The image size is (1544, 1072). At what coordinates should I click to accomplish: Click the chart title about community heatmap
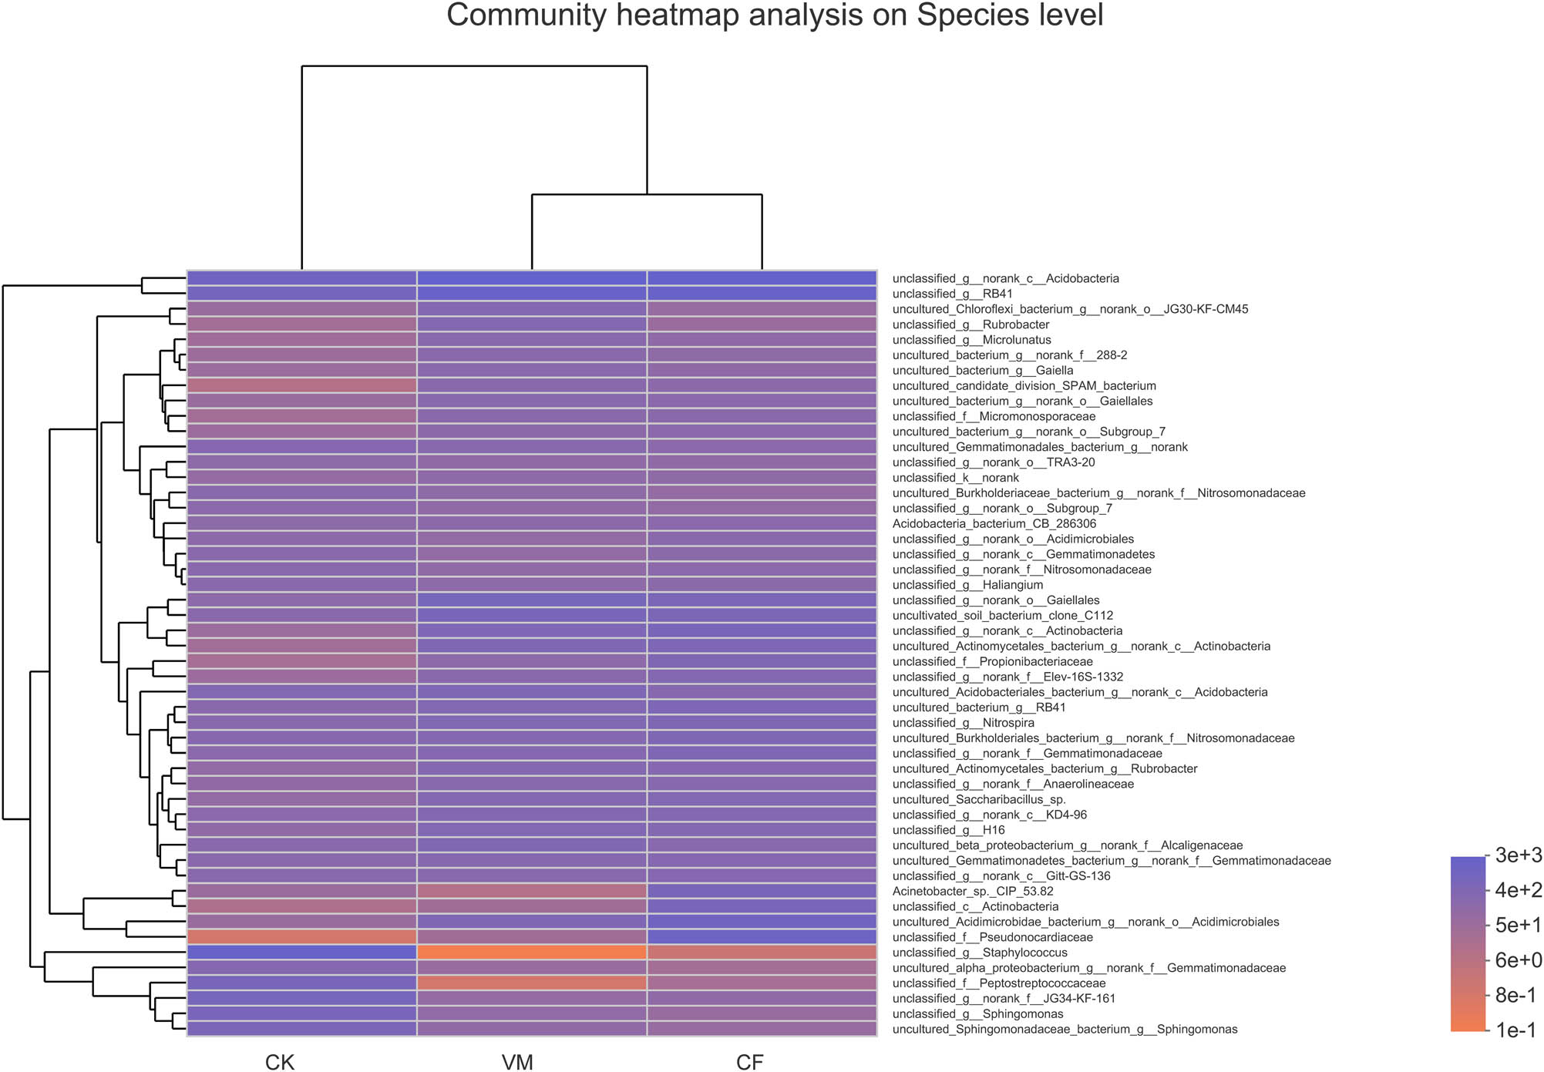pos(774,15)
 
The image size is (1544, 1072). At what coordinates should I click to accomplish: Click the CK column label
pos(279,1062)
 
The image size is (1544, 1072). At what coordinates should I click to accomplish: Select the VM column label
pos(517,1062)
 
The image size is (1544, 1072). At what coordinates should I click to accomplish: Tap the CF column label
pos(749,1062)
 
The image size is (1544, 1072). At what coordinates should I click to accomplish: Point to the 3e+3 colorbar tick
pos(1517,855)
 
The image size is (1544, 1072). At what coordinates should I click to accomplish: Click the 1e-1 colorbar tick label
pos(1515,1030)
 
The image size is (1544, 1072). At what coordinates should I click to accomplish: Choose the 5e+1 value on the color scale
pos(1517,925)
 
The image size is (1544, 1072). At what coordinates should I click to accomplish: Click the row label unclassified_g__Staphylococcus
pos(980,953)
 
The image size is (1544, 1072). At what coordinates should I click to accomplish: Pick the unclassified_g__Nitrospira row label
pos(963,723)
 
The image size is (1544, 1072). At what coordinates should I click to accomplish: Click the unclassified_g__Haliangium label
pos(967,585)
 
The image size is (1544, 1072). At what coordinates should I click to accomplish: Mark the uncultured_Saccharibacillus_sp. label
pos(979,799)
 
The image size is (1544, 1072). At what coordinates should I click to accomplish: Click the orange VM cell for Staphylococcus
pos(532,953)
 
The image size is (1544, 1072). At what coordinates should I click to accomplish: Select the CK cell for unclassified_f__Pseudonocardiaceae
pos(301,937)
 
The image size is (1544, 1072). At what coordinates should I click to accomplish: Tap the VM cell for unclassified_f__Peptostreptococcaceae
pos(532,983)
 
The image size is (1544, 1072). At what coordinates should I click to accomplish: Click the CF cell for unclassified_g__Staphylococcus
pos(762,953)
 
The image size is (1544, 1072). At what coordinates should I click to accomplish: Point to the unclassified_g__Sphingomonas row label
pos(977,1013)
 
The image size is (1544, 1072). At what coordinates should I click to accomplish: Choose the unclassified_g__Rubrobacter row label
pos(970,324)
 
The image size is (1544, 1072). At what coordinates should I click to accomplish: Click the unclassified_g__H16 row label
pos(948,830)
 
